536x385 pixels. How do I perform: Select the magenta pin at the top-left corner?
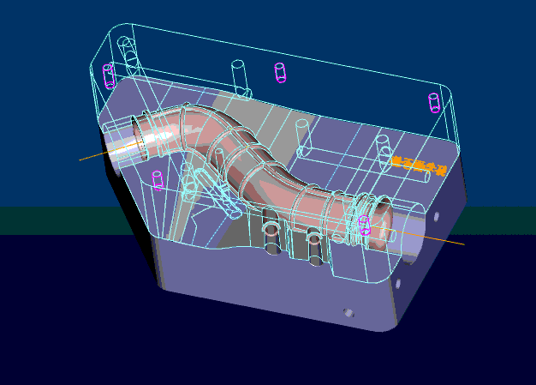[109, 75]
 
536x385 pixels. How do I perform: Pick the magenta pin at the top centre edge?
[279, 72]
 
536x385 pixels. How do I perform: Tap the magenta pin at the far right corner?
[433, 103]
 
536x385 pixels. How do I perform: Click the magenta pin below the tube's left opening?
[158, 180]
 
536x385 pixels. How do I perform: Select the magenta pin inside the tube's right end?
[364, 226]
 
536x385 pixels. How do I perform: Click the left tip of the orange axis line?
[80, 159]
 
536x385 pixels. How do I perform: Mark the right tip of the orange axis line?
[463, 244]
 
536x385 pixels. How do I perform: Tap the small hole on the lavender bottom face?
[348, 312]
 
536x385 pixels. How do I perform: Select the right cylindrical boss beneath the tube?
[314, 244]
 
